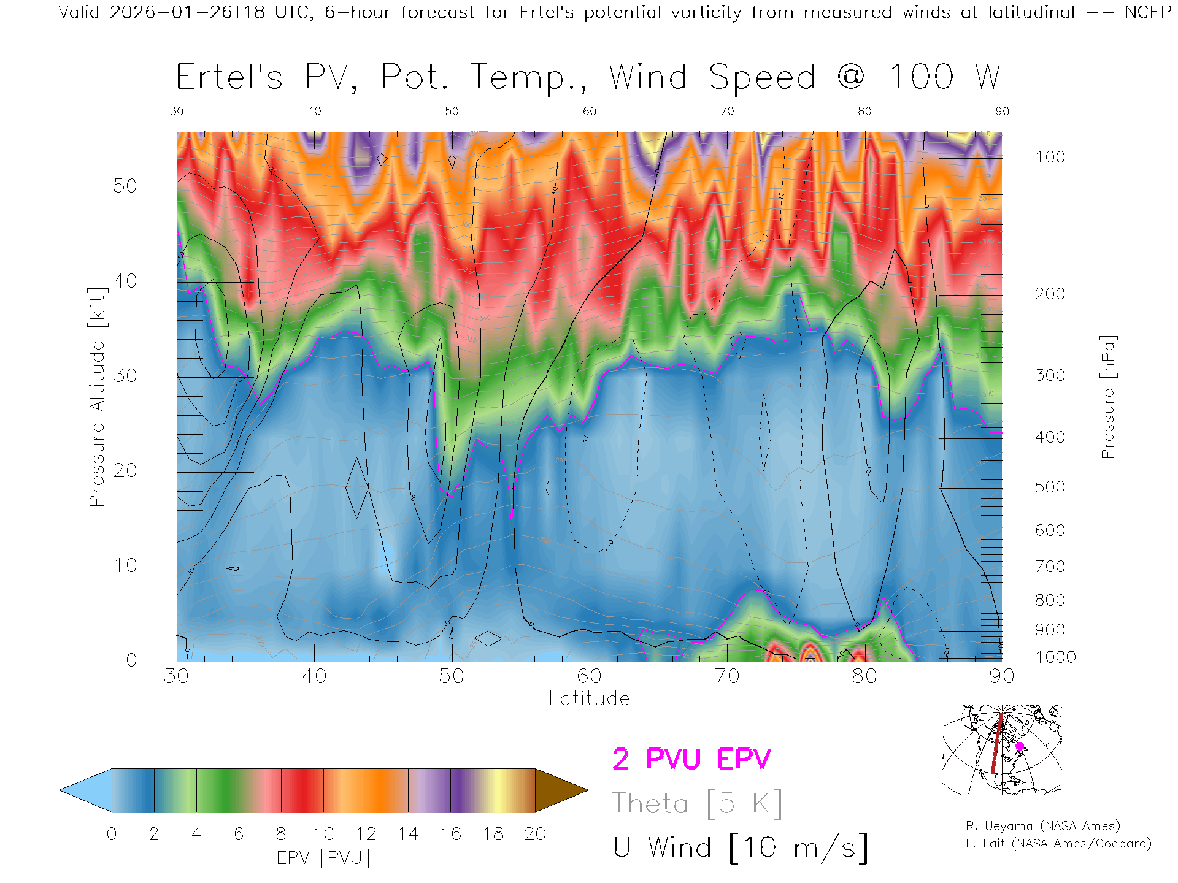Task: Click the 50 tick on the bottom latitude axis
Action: (x=452, y=676)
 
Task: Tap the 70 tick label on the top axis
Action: (x=727, y=111)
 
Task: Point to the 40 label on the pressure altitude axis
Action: (x=125, y=281)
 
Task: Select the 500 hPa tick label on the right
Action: (x=1050, y=487)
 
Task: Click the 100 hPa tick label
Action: (x=1050, y=157)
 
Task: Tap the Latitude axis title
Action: (x=589, y=698)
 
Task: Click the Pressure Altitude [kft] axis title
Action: (x=97, y=397)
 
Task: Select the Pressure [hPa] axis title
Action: (x=1107, y=397)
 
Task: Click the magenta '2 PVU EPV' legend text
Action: (x=691, y=759)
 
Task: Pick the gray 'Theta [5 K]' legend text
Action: (x=697, y=803)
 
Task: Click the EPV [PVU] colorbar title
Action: (x=323, y=857)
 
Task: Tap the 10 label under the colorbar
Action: (x=323, y=834)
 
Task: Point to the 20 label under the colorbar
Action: (x=535, y=834)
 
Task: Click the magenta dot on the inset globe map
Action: (x=1020, y=746)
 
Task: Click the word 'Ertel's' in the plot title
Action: (x=229, y=77)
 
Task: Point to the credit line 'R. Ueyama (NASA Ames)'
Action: (x=1042, y=826)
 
